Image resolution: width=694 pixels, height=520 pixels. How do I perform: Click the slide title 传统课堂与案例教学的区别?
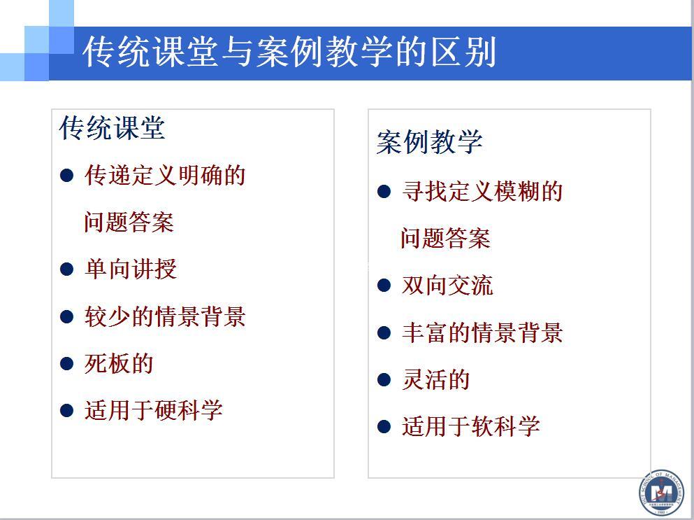point(289,52)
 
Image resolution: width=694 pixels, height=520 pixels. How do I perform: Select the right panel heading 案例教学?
point(429,142)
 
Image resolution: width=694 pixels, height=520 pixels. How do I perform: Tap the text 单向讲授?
point(131,269)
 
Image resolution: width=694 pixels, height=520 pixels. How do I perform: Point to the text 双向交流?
point(447,285)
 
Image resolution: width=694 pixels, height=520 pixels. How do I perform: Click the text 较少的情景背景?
point(165,316)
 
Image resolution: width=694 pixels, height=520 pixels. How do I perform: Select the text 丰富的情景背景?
point(482,332)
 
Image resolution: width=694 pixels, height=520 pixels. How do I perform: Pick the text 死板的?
point(119,363)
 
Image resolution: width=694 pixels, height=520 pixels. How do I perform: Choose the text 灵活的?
point(436,379)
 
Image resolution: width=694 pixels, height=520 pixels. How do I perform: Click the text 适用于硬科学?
point(153,410)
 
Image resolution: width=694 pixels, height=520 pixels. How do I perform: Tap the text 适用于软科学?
point(470,426)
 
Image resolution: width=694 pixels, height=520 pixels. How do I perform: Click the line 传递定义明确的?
point(165,175)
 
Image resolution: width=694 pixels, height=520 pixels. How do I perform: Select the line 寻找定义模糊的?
point(482,192)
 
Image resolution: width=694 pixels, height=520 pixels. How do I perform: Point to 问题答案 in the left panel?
point(129,222)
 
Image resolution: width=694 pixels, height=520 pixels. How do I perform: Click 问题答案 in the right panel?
point(446,238)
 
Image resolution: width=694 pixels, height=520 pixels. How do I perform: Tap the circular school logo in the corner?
point(662,493)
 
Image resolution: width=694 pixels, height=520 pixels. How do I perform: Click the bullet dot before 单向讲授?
point(66,269)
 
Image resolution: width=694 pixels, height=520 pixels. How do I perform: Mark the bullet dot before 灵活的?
point(384,380)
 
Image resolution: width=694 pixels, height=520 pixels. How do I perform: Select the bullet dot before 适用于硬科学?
point(66,411)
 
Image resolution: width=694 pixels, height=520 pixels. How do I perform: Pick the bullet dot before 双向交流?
point(384,286)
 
